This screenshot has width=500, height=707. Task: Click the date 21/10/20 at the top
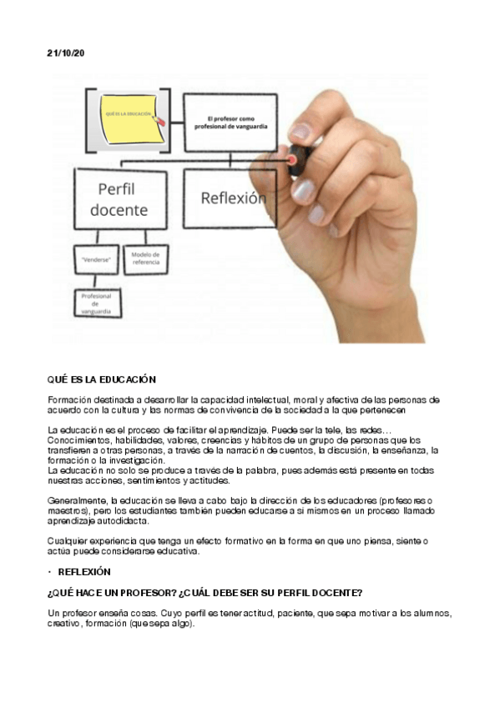(65, 53)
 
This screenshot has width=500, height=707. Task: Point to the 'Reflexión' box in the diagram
(233, 198)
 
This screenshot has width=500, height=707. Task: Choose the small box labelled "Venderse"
(96, 260)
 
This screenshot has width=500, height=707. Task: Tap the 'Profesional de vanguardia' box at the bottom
(96, 303)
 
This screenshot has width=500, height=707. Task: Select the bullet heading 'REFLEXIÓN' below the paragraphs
(84, 572)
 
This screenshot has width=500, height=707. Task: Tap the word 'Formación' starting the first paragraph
(68, 400)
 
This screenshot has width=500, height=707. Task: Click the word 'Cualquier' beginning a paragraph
(67, 541)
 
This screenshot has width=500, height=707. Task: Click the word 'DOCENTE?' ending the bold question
(335, 593)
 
